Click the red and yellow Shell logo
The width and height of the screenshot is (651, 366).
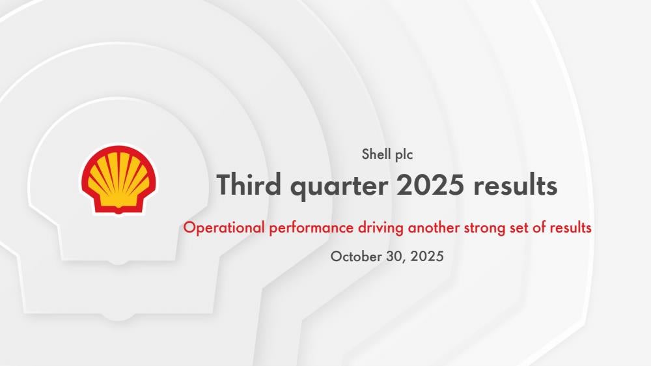click(x=118, y=180)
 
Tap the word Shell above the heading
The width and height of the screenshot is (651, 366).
click(x=376, y=154)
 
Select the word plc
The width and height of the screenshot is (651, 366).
click(x=404, y=154)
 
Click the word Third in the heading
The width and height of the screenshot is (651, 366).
click(x=249, y=184)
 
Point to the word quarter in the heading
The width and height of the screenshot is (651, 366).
click(x=339, y=186)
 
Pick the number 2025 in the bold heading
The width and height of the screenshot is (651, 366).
click(x=430, y=185)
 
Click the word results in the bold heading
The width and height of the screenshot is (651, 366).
click(x=515, y=185)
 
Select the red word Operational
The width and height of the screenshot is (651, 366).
click(x=224, y=228)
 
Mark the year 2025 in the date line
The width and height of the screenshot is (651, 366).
click(x=427, y=257)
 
